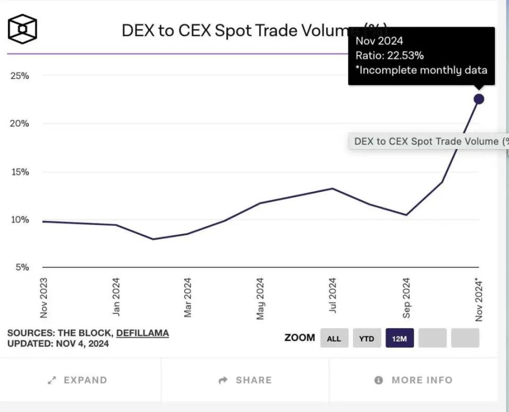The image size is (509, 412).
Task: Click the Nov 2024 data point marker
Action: pyautogui.click(x=479, y=99)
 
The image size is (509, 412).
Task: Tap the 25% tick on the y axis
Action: pyautogui.click(x=20, y=76)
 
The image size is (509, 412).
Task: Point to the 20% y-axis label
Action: pyautogui.click(x=20, y=124)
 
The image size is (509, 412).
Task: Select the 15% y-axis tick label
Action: pyautogui.click(x=20, y=172)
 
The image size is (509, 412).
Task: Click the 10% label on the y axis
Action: pyautogui.click(x=20, y=220)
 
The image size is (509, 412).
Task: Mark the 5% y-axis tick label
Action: pyautogui.click(x=21, y=268)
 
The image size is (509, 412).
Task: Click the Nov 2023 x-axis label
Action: pyautogui.click(x=44, y=297)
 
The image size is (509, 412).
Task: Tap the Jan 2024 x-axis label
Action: pyautogui.click(x=116, y=296)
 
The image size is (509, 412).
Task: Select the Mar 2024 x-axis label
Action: pyautogui.click(x=188, y=297)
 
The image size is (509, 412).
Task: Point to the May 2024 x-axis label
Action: pyautogui.click(x=260, y=298)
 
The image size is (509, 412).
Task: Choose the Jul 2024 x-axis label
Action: pyautogui.click(x=333, y=295)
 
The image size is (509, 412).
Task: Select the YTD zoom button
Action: pyautogui.click(x=367, y=338)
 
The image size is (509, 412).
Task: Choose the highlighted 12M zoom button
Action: pyautogui.click(x=400, y=338)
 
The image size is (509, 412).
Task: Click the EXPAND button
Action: pyautogui.click(x=78, y=380)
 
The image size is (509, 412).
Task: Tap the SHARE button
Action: pyautogui.click(x=245, y=380)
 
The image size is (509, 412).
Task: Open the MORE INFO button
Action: pyautogui.click(x=414, y=380)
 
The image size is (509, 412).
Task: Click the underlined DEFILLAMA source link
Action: pyautogui.click(x=142, y=333)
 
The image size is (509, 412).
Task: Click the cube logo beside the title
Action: pyautogui.click(x=23, y=29)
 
